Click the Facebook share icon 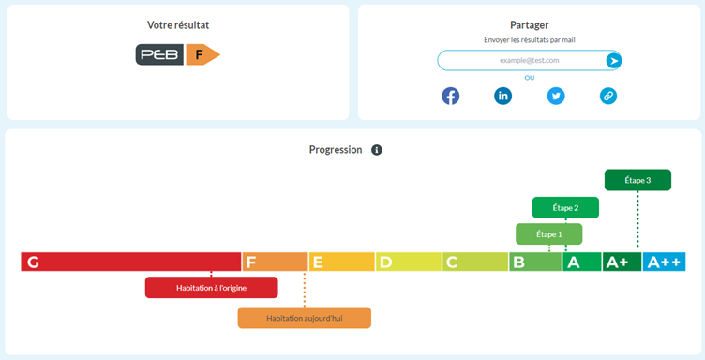(451, 96)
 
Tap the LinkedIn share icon (503, 96)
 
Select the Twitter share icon (556, 96)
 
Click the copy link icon (608, 96)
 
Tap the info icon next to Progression (377, 150)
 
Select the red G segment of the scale (130, 262)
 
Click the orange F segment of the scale (275, 262)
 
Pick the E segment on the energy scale (341, 262)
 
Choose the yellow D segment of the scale (408, 262)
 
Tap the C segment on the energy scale (474, 262)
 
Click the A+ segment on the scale (621, 262)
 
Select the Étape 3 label (637, 180)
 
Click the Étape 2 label (565, 207)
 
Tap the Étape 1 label (548, 233)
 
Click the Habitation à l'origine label (211, 288)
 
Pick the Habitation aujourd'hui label (304, 318)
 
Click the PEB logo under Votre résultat (159, 55)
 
